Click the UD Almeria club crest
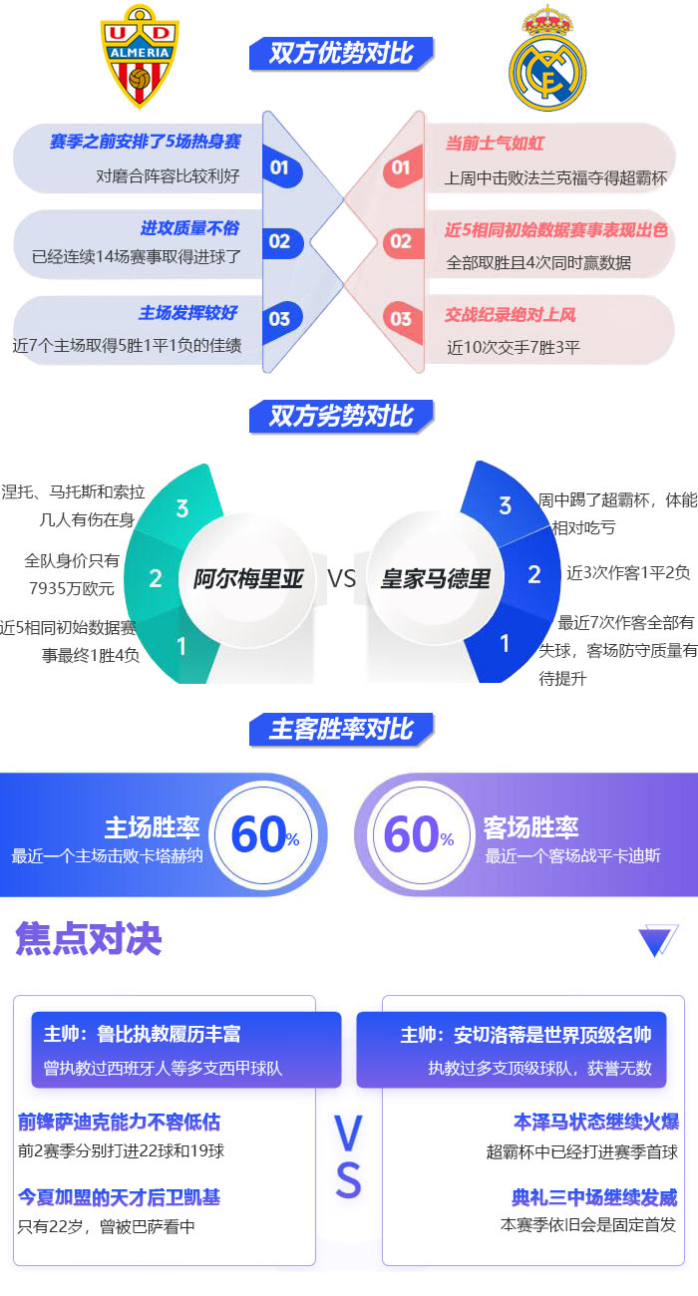point(140,57)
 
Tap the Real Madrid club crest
point(546,60)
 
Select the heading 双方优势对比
point(341,53)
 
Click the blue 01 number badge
point(279,167)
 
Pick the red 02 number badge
point(401,241)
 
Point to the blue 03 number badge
point(279,318)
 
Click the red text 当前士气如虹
point(494,144)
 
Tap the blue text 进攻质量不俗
point(189,228)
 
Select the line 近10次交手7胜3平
point(514,348)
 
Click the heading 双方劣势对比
point(341,416)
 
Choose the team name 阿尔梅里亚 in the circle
point(248,578)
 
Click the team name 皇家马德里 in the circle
point(436,578)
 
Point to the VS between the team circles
point(342,578)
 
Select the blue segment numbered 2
point(534,574)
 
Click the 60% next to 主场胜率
point(264,834)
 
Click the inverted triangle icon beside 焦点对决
point(657,940)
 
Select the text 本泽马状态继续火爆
point(595,1122)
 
